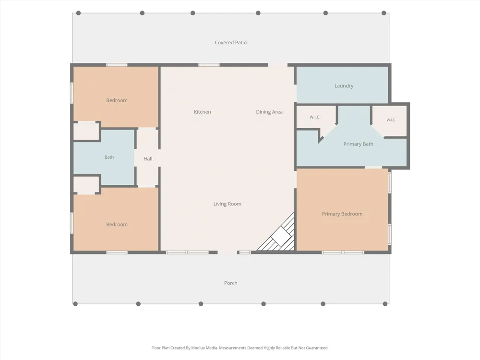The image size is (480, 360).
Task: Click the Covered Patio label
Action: (x=230, y=43)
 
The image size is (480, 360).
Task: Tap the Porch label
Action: (x=230, y=283)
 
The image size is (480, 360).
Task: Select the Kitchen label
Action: (x=203, y=112)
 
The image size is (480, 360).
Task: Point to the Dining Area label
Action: (x=269, y=112)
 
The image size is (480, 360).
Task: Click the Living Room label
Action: (x=227, y=204)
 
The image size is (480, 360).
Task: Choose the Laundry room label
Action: (x=344, y=86)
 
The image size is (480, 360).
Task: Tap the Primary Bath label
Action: (x=358, y=144)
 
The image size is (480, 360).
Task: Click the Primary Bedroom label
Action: (x=342, y=214)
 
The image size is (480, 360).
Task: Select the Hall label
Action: (x=148, y=159)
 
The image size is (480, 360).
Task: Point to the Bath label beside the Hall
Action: (x=109, y=157)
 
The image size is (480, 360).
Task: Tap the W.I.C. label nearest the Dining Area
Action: (x=315, y=117)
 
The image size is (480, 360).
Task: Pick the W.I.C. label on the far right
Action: (x=391, y=120)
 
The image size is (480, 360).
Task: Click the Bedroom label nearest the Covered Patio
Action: (x=117, y=100)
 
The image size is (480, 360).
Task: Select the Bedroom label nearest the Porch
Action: (x=117, y=225)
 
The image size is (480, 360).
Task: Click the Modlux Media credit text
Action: (x=240, y=348)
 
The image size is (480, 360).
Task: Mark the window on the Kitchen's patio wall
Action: (x=209, y=65)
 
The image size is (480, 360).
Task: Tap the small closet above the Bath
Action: (x=86, y=131)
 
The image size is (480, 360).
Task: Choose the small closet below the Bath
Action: (x=86, y=185)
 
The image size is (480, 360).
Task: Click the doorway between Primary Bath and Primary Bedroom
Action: (x=373, y=168)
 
